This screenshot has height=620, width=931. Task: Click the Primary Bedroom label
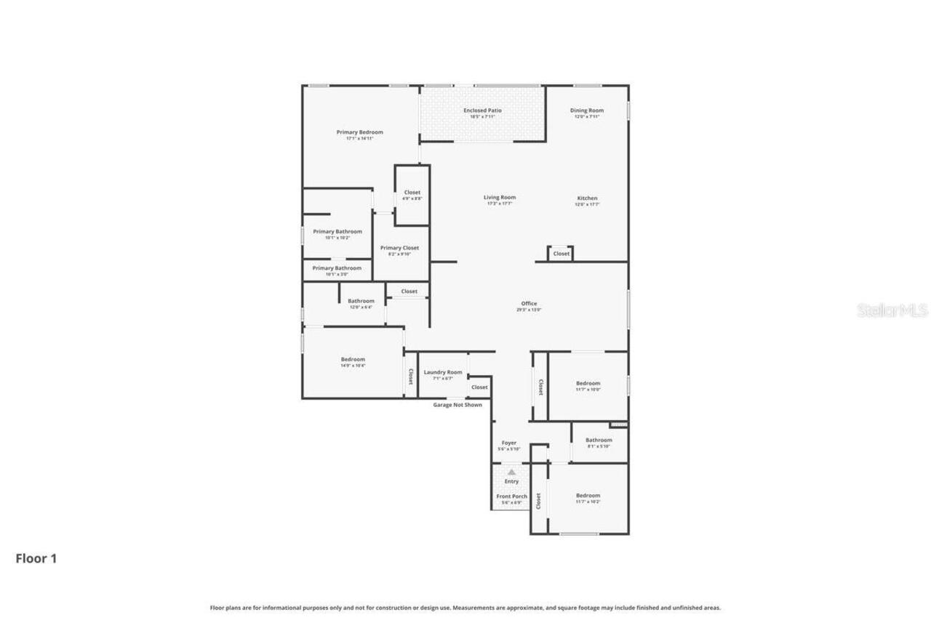click(x=359, y=132)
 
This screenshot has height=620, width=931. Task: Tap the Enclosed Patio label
click(x=482, y=110)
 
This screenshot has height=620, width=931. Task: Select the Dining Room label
click(x=586, y=110)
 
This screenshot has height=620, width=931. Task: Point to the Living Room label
click(x=500, y=198)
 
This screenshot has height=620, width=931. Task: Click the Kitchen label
click(x=587, y=198)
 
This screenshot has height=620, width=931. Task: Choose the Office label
click(x=529, y=304)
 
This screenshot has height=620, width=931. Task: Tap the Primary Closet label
click(x=399, y=248)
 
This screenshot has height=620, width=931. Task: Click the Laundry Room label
click(x=443, y=372)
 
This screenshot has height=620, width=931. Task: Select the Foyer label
click(x=509, y=443)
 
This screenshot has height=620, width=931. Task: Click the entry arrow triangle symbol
click(x=511, y=472)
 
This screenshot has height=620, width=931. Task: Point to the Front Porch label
click(x=511, y=496)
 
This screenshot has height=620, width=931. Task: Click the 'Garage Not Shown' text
click(x=457, y=405)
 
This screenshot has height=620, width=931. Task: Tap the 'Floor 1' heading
click(x=36, y=558)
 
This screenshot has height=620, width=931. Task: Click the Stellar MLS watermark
click(x=892, y=311)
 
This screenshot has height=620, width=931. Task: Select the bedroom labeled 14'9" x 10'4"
click(x=353, y=359)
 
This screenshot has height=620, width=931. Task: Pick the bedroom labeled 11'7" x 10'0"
click(x=588, y=383)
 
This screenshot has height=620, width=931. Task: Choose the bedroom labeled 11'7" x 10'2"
click(x=588, y=496)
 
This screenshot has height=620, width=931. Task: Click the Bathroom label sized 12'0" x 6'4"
click(x=361, y=301)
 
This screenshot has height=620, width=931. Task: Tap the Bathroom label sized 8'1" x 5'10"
click(x=599, y=440)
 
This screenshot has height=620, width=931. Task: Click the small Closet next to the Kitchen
click(x=561, y=254)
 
